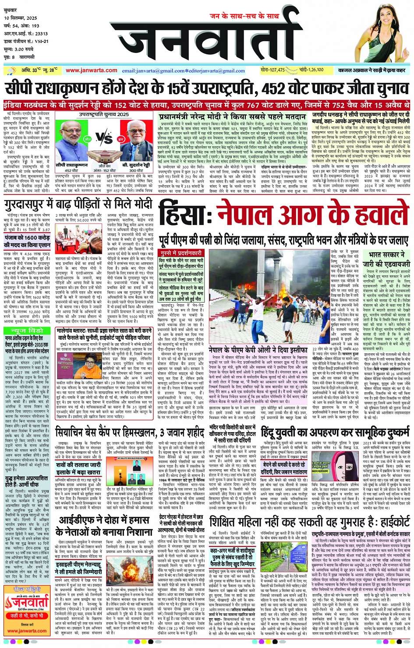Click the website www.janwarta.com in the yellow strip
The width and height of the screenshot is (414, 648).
point(91,70)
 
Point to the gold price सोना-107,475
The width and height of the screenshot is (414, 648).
point(272,70)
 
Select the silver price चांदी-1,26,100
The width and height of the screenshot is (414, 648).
point(311,70)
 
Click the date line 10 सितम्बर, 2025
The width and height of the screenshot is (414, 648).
point(21,18)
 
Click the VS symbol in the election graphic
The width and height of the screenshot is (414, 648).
point(104,139)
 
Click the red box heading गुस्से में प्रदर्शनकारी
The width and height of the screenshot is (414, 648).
point(181,253)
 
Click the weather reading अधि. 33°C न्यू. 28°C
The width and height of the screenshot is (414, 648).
point(39,70)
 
